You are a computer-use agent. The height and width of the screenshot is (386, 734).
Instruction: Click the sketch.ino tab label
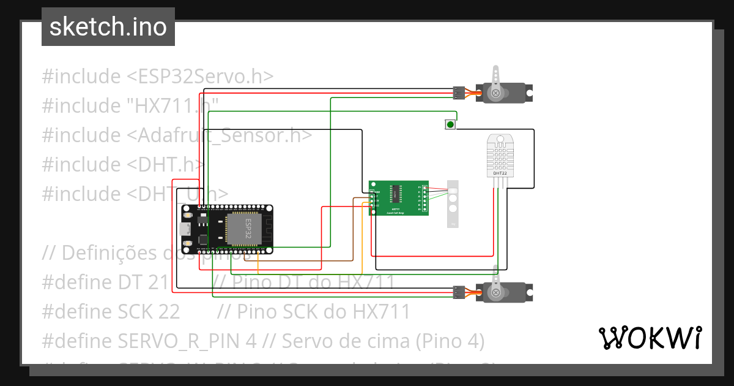tap(108, 27)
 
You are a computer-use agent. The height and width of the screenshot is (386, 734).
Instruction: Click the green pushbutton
tap(450, 125)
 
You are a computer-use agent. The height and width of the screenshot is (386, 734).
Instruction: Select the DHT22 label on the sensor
tap(500, 173)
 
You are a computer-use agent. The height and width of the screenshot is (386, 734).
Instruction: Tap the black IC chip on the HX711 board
tap(397, 195)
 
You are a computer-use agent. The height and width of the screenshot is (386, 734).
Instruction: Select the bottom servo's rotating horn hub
tap(495, 292)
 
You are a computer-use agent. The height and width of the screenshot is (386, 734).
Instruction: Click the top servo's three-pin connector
tap(458, 93)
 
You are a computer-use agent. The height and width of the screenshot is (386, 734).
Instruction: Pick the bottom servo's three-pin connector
tap(458, 292)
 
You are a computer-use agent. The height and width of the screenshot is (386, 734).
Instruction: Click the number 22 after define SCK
tap(168, 312)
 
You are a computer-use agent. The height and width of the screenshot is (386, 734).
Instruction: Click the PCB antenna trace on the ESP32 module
tap(267, 230)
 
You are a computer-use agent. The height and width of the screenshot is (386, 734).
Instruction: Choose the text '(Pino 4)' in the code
tap(450, 341)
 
